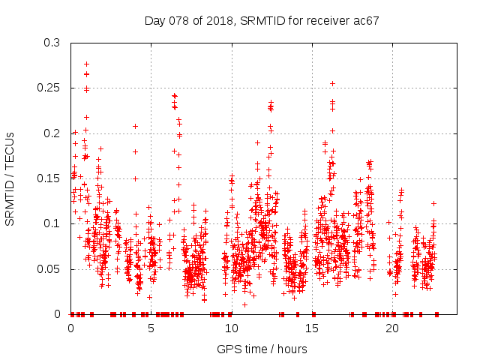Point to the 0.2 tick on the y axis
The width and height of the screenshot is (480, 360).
tap(55, 133)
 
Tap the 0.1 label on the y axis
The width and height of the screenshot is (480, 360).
tap(55, 223)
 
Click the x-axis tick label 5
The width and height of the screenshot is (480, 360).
tap(151, 328)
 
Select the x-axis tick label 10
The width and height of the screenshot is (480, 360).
tap(232, 328)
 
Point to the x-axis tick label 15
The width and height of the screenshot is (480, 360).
tap(312, 328)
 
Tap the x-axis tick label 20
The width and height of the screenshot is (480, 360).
tap(392, 328)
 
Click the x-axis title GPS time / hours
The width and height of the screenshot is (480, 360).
tap(262, 349)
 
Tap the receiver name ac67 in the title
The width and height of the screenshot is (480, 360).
tap(367, 20)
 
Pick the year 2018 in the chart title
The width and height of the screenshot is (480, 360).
tap(218, 20)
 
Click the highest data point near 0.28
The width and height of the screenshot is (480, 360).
tap(87, 64)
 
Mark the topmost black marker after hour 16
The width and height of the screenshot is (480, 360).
tap(332, 83)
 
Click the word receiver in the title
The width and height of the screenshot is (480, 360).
tap(328, 20)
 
